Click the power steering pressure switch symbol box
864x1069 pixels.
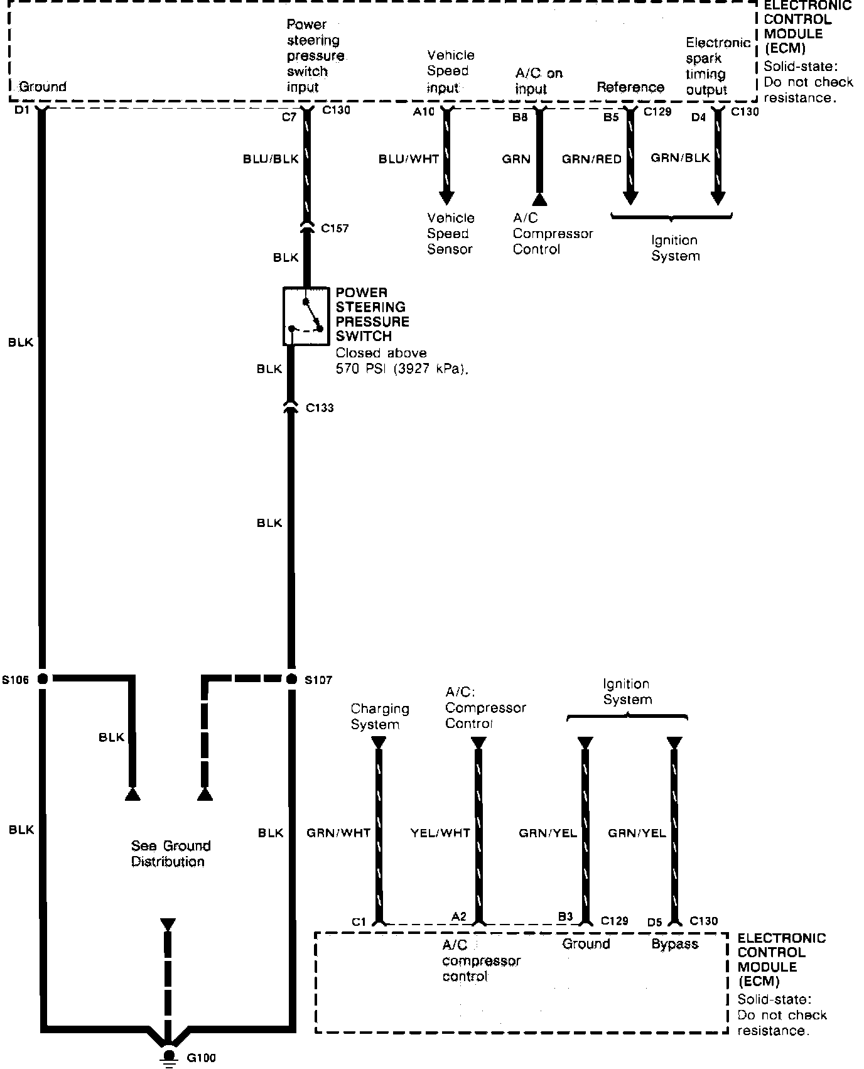(306, 316)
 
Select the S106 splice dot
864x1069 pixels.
(43, 678)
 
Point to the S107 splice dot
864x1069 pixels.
(291, 678)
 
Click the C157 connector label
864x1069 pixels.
(335, 229)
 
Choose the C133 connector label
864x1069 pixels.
(320, 408)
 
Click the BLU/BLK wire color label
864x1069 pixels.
(271, 160)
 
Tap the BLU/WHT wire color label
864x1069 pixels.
(408, 160)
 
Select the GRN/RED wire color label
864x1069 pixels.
(591, 160)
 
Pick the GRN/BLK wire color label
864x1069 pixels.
(680, 158)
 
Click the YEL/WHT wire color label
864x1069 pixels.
(440, 833)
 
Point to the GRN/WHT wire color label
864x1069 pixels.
(338, 833)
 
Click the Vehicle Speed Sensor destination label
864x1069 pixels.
(450, 234)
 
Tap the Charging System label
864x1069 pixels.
(379, 717)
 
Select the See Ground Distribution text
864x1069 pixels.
(170, 854)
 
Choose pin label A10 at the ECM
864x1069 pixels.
(423, 112)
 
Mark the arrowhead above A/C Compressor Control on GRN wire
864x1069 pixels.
(539, 200)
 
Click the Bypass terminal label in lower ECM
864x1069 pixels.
(674, 944)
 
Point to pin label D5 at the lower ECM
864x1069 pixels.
(654, 922)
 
